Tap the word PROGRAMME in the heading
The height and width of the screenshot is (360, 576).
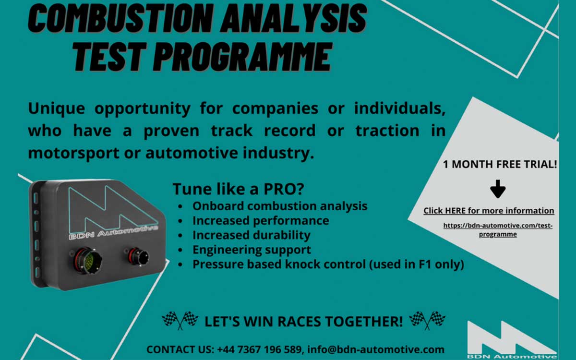click(x=243, y=57)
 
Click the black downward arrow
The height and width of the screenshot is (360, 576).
click(x=498, y=189)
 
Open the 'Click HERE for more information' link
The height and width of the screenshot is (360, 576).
click(x=489, y=211)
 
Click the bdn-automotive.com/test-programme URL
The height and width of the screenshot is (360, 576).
click(x=498, y=230)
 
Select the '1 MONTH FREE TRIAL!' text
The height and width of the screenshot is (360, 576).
click(x=500, y=164)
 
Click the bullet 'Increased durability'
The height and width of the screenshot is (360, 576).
click(x=251, y=235)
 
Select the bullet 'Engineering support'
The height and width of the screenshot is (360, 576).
click(x=252, y=250)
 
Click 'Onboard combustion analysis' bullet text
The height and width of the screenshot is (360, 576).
click(x=280, y=206)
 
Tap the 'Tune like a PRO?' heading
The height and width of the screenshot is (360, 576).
click(x=238, y=189)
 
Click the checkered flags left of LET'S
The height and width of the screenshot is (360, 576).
click(x=180, y=321)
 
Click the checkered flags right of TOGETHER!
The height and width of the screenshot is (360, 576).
click(x=427, y=321)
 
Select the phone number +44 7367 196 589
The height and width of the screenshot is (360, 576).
click(x=259, y=350)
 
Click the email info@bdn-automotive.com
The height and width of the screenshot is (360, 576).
click(x=376, y=350)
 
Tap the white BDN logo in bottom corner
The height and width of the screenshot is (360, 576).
click(x=511, y=339)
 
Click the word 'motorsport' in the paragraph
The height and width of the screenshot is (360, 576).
click(x=73, y=153)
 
